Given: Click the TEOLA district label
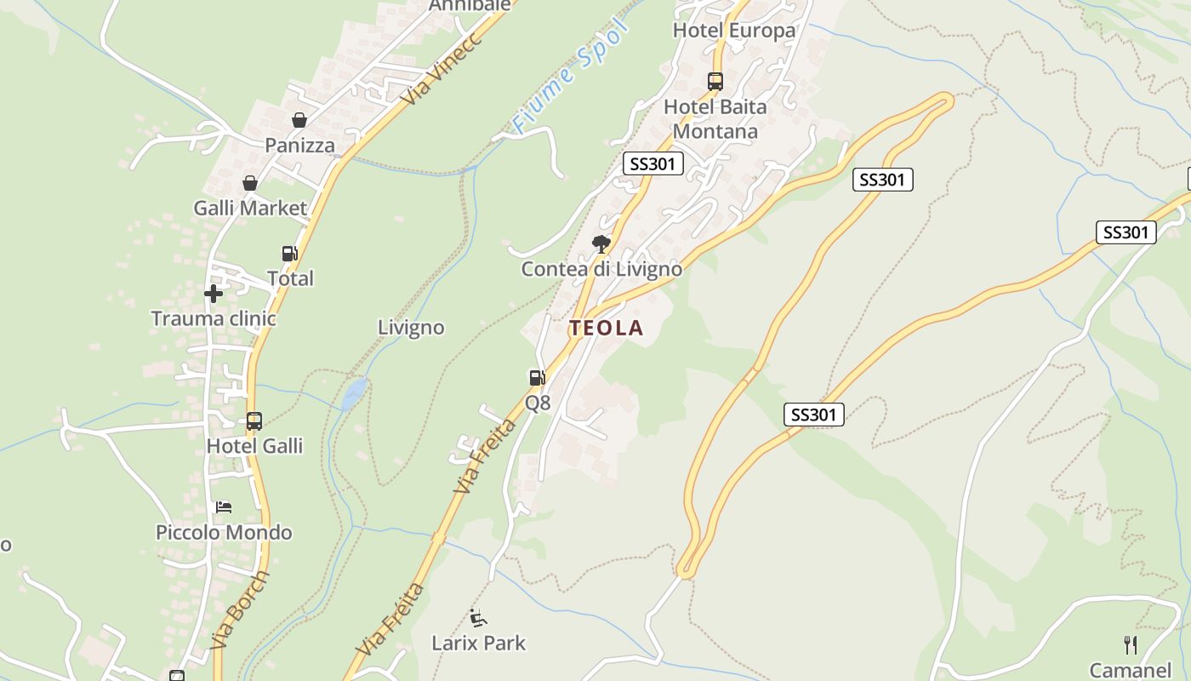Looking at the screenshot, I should click(x=606, y=328).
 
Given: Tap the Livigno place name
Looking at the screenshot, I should click(x=411, y=328).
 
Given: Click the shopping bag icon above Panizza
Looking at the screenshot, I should click(x=299, y=121).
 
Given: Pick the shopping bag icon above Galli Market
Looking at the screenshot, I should click(x=250, y=183).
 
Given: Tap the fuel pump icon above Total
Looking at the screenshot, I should click(x=290, y=254).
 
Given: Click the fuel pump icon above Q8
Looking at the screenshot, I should click(x=537, y=378).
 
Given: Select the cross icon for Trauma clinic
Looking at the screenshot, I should click(x=214, y=294).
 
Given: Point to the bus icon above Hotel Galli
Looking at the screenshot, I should click(x=254, y=421).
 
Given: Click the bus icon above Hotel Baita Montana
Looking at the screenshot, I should click(x=715, y=82).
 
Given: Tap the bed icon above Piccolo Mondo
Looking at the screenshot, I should click(x=224, y=507).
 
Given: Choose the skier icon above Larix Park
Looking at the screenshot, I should click(x=478, y=617).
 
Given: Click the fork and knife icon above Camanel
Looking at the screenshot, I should click(x=1131, y=644).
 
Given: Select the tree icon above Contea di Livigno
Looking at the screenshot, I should click(x=601, y=244).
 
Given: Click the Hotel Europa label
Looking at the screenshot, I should click(x=733, y=31).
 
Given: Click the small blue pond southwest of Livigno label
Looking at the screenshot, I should click(x=355, y=392).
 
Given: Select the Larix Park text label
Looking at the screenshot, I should click(x=478, y=643).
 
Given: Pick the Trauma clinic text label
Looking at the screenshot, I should click(x=214, y=318).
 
